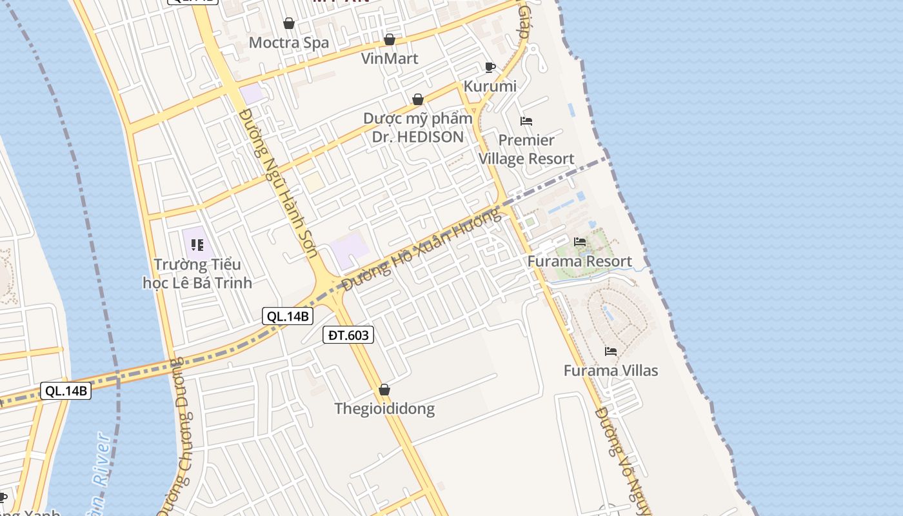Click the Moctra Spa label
pos(289,43)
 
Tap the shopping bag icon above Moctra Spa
pos(289,24)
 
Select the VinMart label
pos(390,59)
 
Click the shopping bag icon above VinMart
pos(390,40)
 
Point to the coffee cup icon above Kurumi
pos(490,67)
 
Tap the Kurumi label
pos(490,86)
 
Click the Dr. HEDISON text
pos(418,137)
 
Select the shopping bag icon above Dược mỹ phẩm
pos(418,99)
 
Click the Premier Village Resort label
pos(526,150)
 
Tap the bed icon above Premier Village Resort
pos(526,121)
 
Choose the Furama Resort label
pos(579,261)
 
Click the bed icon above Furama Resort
pos(580,242)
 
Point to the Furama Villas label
pos(611,371)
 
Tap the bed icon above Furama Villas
pos(611,352)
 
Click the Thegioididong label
pos(384,409)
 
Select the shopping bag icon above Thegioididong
pos(384,390)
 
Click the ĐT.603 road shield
pos(348,335)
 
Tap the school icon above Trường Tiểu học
pos(197,245)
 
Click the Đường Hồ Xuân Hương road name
pos(422,249)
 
